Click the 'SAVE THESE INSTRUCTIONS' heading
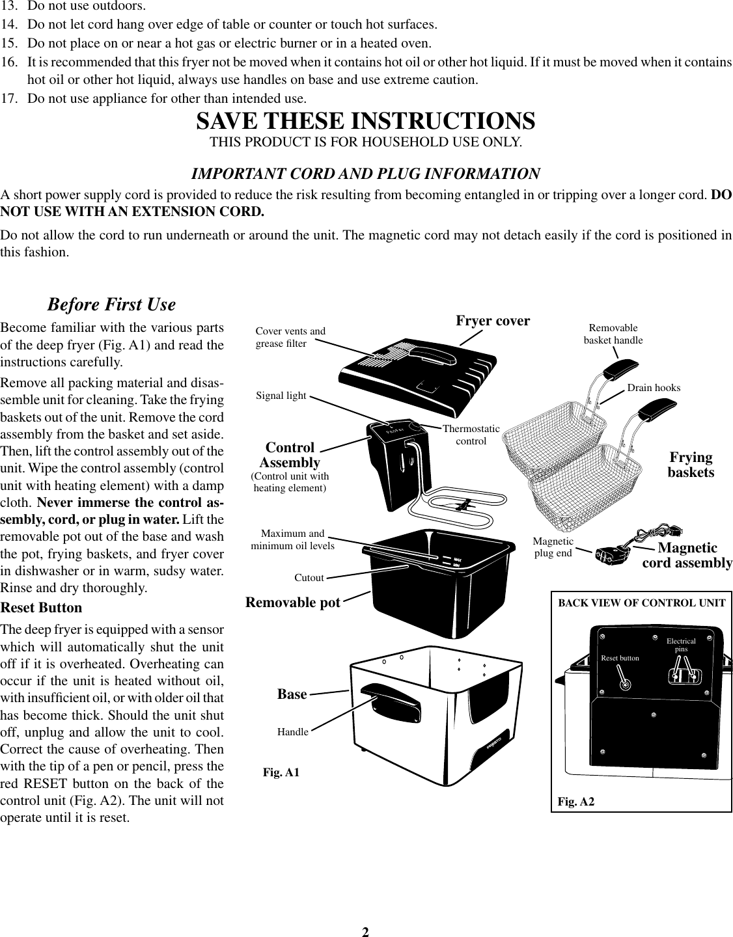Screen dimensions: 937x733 (366, 122)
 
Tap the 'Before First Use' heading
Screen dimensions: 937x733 (111, 305)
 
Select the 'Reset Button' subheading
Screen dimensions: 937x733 (42, 608)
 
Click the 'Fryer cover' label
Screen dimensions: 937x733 (492, 321)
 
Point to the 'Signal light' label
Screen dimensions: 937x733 (281, 396)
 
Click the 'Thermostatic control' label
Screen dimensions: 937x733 (471, 435)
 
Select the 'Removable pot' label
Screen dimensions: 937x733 (292, 603)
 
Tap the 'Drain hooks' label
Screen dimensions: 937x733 (654, 388)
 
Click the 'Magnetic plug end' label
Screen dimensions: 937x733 (553, 547)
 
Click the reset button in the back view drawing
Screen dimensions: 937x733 (625, 685)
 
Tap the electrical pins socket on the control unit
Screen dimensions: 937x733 (685, 676)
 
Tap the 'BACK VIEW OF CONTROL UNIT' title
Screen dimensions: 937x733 (642, 603)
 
